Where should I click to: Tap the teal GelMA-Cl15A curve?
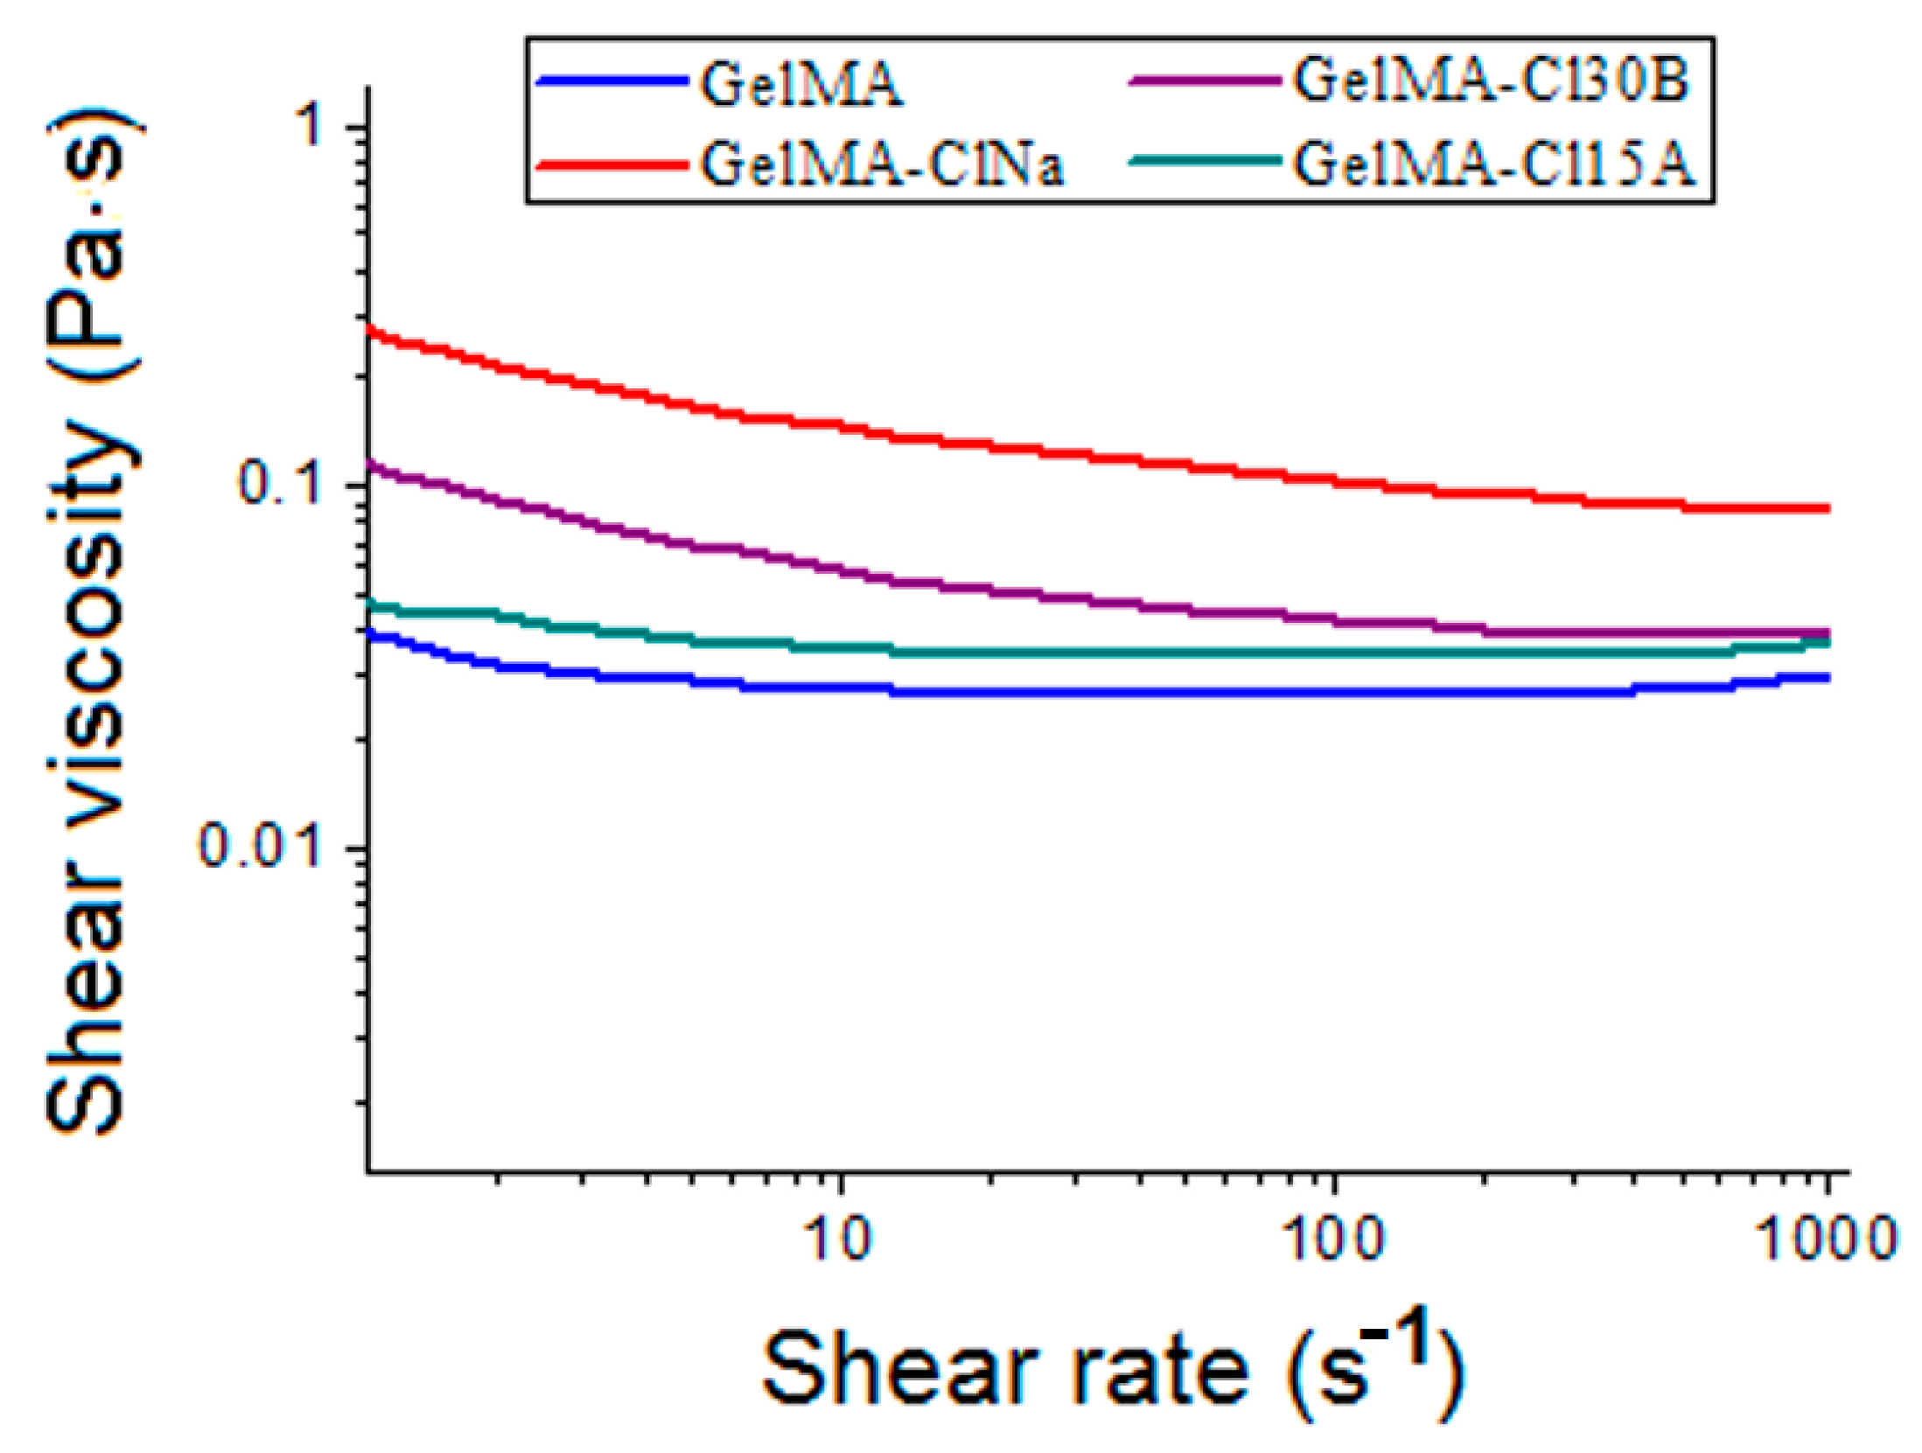coord(1137,652)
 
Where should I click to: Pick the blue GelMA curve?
coord(1137,693)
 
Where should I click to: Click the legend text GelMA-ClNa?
coord(882,164)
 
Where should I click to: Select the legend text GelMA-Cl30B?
coord(1491,81)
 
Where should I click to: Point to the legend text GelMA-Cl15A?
coord(1494,164)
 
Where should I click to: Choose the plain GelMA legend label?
coord(800,85)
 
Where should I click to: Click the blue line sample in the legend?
coord(612,81)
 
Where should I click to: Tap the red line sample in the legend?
coord(612,164)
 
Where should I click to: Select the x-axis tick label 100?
coord(1333,1240)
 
